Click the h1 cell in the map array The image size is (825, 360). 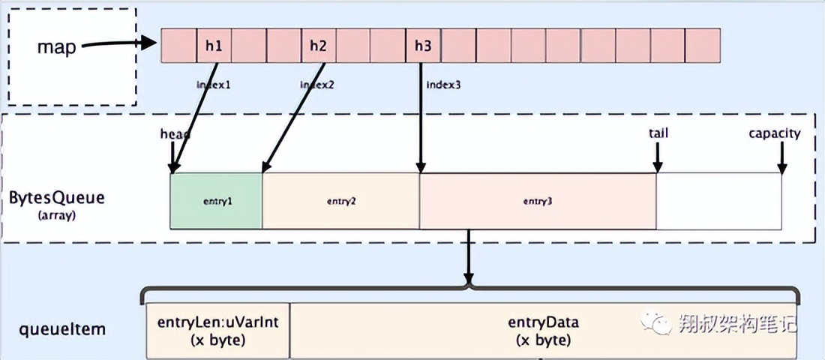(214, 46)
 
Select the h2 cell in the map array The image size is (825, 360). (318, 46)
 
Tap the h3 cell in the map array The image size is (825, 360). (423, 46)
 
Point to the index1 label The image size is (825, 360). (214, 85)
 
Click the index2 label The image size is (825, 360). (317, 85)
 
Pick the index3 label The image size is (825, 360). (443, 85)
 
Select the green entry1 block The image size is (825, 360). (217, 202)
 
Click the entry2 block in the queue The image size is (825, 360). (340, 202)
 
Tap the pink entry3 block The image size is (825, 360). (538, 202)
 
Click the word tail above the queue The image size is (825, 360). (658, 133)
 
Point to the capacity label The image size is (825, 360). (774, 133)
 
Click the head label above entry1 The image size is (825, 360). (175, 133)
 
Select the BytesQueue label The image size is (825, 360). (57, 199)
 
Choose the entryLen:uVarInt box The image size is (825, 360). (217, 330)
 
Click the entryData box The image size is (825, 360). (544, 330)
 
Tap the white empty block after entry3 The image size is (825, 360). (718, 202)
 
